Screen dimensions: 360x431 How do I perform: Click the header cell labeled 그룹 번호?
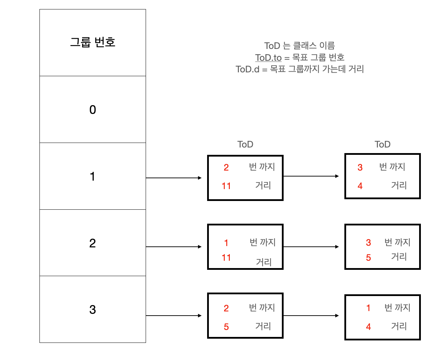pos(93,42)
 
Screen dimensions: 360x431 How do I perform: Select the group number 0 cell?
pos(93,110)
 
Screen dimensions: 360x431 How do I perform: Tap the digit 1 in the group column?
pos(93,177)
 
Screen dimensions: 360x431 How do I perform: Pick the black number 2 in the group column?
pos(93,243)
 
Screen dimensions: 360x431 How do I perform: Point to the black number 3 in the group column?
pos(93,310)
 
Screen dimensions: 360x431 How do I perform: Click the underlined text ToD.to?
pos(268,58)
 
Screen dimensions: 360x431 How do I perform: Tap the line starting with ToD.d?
pos(300,69)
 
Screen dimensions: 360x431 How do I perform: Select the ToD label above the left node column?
pos(245,144)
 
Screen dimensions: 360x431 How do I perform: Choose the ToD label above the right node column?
pos(382,144)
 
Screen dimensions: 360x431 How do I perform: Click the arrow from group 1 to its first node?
pos(174,178)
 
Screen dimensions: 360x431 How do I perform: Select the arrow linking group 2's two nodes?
pos(311,247)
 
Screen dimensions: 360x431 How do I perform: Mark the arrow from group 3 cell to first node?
pos(174,316)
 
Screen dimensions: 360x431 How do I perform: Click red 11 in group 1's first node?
pos(226,186)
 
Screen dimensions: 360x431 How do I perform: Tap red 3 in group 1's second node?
pos(360,167)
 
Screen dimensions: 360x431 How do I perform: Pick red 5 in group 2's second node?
pos(368,258)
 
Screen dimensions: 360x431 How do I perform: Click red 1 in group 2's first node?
pos(226,243)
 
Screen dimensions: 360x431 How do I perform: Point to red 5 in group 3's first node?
pos(226,327)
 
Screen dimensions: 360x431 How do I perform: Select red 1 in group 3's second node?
pos(368,308)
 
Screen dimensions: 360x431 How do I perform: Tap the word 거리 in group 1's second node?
pos(399,185)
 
